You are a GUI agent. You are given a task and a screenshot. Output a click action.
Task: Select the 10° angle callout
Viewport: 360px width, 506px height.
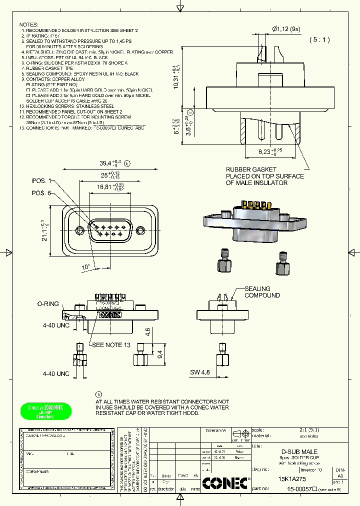[86, 266]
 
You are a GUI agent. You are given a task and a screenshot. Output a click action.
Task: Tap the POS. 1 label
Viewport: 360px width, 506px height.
[41, 180]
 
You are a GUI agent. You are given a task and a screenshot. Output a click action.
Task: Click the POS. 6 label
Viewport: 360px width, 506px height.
[41, 193]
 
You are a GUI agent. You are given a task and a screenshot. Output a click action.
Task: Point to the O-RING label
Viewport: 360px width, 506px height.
[48, 303]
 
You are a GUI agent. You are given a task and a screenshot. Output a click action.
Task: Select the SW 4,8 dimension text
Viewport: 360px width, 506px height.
[200, 372]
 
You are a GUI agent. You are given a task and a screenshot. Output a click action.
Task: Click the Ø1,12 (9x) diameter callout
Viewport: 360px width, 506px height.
[286, 28]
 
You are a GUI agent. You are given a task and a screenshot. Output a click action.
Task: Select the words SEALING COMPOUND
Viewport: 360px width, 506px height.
[261, 292]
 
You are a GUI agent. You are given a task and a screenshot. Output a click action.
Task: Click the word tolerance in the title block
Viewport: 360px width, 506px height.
[216, 430]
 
